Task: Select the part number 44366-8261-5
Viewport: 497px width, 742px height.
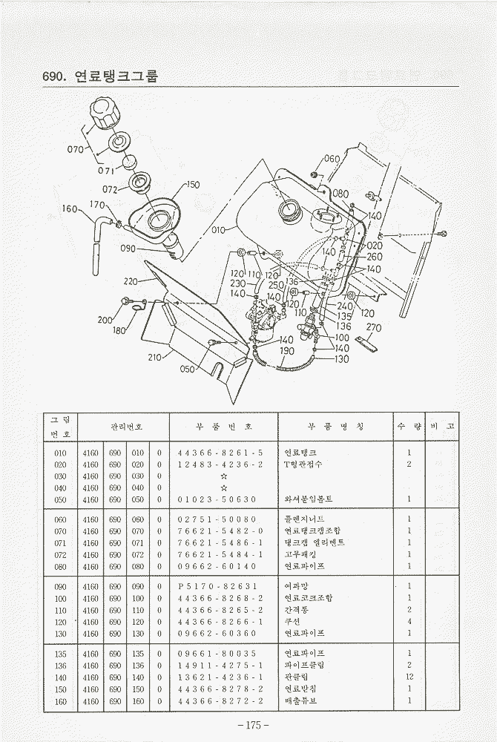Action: tap(220, 453)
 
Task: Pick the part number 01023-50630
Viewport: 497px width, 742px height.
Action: tap(217, 499)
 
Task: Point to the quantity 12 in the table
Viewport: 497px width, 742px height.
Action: tap(409, 677)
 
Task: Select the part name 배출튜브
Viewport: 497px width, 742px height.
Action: tap(300, 700)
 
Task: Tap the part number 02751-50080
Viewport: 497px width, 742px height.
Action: tap(217, 519)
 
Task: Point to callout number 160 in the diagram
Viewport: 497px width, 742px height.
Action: tap(70, 209)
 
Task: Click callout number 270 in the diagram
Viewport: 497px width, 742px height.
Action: tap(374, 327)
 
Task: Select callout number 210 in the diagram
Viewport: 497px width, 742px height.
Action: tap(154, 357)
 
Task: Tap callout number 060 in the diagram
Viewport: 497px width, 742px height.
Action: tap(332, 160)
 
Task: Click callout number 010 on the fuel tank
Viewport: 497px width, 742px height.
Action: tap(218, 230)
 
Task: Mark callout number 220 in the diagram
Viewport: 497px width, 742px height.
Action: tap(131, 281)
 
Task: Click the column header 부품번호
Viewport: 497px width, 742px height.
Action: tap(223, 427)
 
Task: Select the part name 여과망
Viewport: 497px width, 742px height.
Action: tap(296, 586)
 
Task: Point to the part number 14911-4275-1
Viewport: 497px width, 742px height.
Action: tap(220, 665)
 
